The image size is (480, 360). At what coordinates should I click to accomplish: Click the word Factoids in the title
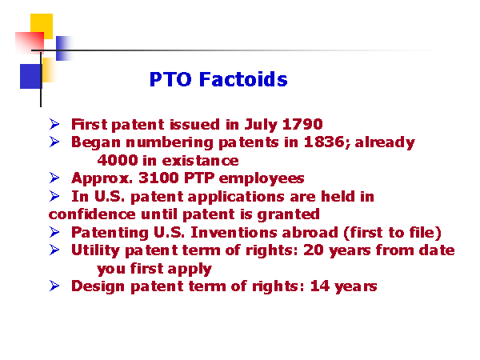point(243,79)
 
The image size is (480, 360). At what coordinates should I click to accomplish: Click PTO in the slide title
point(170,79)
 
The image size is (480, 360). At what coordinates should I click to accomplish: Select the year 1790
point(302,124)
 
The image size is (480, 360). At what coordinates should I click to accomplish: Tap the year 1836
point(324,142)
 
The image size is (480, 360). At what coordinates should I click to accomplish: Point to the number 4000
point(118,160)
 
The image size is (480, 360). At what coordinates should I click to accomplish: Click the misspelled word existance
point(201,161)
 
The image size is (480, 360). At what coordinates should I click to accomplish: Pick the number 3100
point(158,178)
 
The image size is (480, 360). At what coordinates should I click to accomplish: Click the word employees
point(262,178)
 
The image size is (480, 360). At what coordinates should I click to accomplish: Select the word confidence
point(92,214)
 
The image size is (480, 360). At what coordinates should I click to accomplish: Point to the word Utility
point(95,250)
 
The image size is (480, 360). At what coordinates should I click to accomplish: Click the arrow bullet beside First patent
point(54,124)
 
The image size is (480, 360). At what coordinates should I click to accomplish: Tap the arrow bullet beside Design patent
point(54,286)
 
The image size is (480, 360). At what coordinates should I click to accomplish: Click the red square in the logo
point(30,42)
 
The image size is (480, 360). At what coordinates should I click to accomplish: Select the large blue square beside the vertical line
point(31,76)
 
